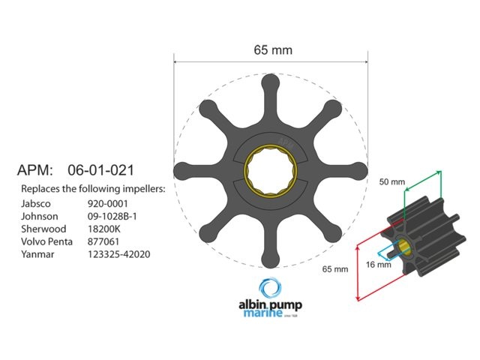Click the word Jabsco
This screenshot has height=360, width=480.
pos(36,202)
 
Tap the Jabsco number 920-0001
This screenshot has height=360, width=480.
pos(107,202)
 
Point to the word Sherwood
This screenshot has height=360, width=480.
pos(43,229)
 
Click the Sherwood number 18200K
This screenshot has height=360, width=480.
pos(106,229)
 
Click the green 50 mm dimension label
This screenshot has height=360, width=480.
pos(392,182)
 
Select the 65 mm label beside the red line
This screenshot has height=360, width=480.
pos(335,268)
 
